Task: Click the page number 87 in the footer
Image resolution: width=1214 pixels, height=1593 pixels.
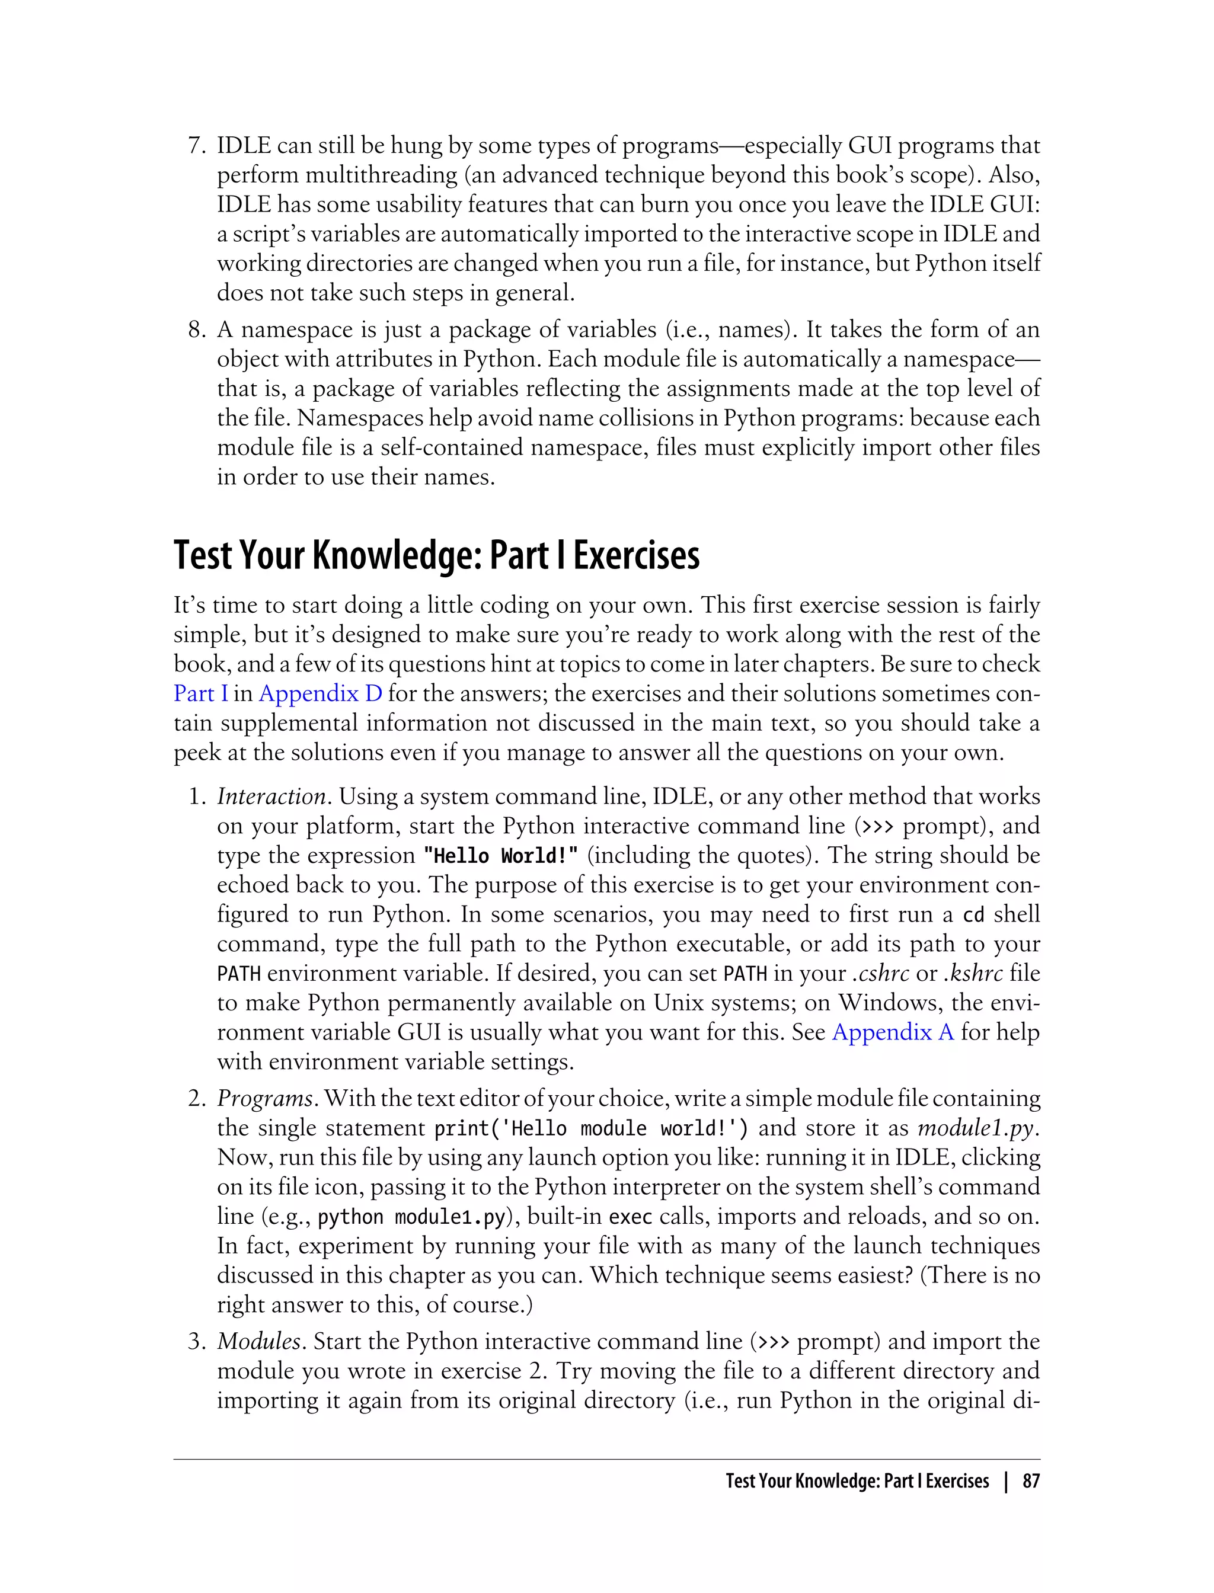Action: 1030,1482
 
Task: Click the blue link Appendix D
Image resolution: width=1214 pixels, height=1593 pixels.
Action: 320,693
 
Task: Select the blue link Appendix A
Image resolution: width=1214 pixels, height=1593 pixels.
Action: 893,1032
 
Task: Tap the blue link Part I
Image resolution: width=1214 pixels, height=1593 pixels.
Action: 200,693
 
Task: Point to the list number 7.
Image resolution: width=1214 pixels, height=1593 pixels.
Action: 197,146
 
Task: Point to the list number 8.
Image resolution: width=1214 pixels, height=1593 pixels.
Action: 197,330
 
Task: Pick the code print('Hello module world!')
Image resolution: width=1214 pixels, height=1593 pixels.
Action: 591,1128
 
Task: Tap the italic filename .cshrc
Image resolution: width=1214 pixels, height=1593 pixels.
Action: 880,974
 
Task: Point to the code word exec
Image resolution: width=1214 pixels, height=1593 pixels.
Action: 630,1217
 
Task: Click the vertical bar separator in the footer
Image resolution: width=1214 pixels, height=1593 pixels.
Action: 1006,1482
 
